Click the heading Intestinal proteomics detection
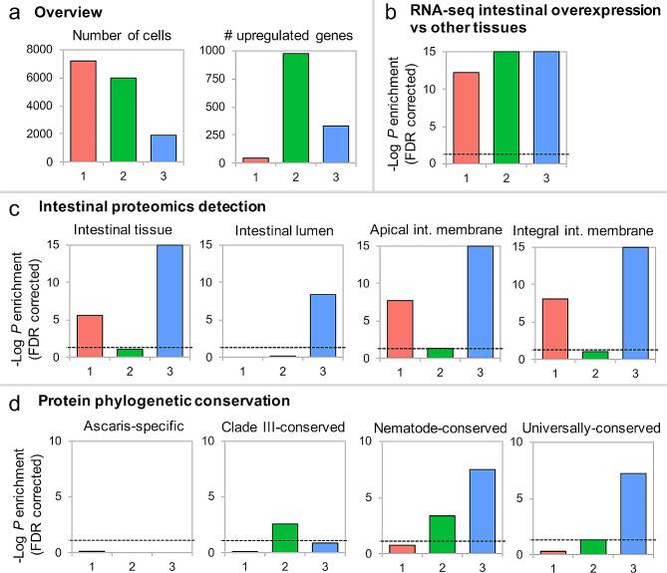[x=139, y=206]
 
